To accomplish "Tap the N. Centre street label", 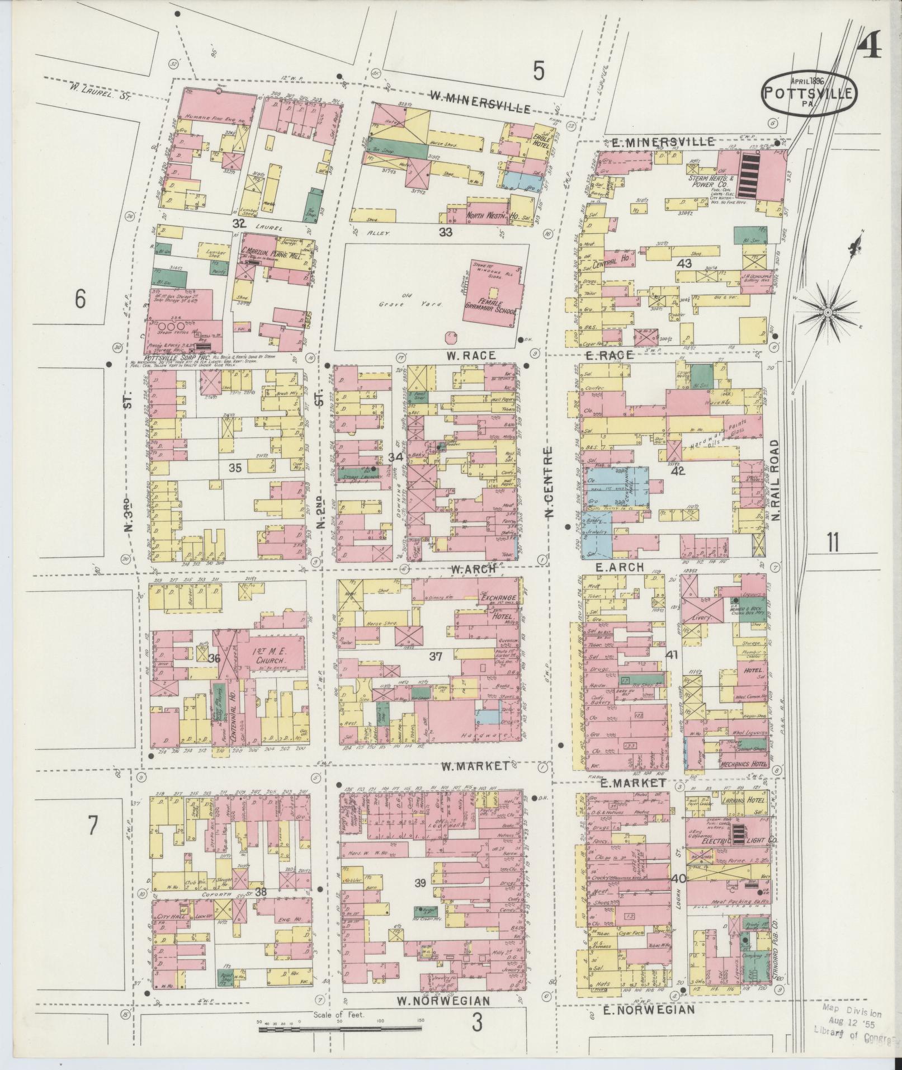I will (549, 483).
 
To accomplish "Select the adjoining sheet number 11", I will (833, 542).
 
